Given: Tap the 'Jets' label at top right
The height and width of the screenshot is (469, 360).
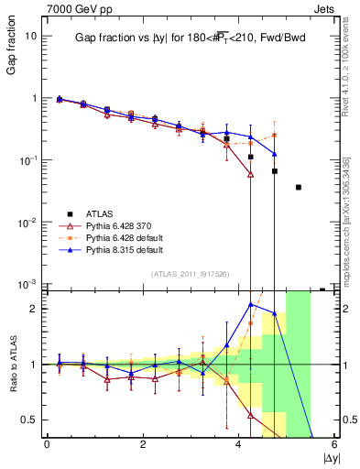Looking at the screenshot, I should tap(325, 7).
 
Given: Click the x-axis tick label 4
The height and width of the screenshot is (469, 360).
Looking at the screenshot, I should tap(238, 444).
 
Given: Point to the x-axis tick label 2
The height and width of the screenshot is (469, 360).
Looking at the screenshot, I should tap(143, 444).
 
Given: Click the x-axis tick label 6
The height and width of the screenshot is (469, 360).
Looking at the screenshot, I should tap(334, 444).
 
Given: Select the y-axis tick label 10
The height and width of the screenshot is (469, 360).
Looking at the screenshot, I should tap(31, 36).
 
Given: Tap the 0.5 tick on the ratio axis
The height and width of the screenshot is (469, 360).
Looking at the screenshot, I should tap(29, 420).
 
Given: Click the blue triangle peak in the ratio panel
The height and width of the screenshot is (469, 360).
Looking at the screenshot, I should tap(251, 304).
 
